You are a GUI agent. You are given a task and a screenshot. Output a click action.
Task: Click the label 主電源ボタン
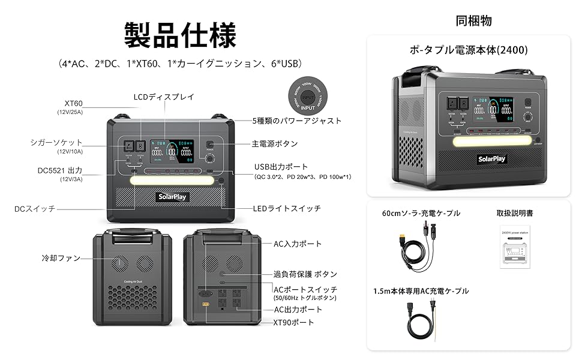[x=275, y=144]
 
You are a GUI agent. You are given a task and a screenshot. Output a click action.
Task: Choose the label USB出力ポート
[x=281, y=166]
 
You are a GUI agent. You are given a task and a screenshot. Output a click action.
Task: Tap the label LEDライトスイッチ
[x=287, y=208]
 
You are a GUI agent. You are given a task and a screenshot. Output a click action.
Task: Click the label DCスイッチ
[x=35, y=209]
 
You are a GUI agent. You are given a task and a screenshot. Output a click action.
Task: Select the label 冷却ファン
[x=61, y=258]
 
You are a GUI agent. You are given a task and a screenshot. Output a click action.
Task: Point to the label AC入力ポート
[x=298, y=244]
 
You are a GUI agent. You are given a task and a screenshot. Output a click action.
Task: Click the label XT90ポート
[x=293, y=322]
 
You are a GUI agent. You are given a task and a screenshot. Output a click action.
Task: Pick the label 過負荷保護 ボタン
[x=305, y=274]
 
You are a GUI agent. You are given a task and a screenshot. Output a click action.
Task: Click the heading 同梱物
[x=473, y=20]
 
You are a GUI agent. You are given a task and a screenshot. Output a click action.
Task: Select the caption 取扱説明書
[x=515, y=213]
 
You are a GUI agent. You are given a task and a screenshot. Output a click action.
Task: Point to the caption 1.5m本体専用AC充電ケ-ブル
[x=421, y=291]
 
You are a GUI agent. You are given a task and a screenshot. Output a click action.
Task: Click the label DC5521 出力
[x=59, y=170]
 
